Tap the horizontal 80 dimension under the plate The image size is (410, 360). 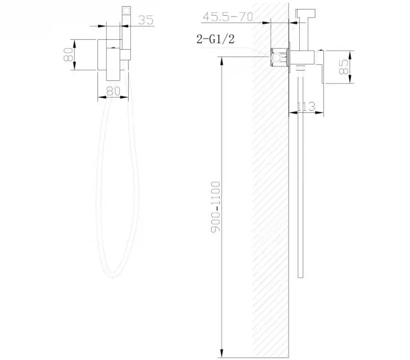pos(113,90)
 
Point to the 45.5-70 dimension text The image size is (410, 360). pos(228,17)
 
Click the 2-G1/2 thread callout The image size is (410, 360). pos(215,39)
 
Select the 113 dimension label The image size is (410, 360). pos(306,107)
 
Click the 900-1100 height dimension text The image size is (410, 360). pos(216,205)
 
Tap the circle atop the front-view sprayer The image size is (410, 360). pos(127,10)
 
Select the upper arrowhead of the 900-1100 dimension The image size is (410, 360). pos(222,58)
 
